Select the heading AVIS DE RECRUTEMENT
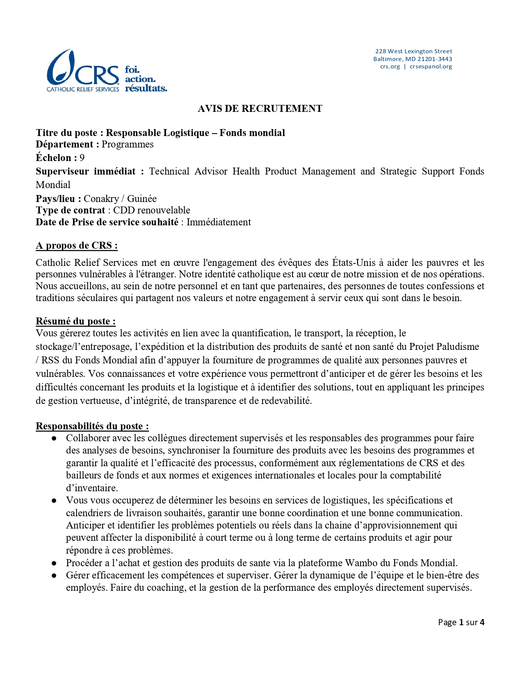tap(260, 109)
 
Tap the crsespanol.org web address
tap(431, 66)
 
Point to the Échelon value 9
tap(82, 158)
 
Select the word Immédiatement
tap(219, 222)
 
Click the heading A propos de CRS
tap(77, 245)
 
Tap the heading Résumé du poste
tap(75, 321)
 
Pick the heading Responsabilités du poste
tap(92, 426)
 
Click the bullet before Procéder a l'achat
tap(54, 563)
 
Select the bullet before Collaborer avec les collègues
tap(54, 438)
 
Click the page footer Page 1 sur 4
tap(461, 622)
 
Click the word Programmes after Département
tap(128, 144)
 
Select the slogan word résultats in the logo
tap(146, 88)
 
